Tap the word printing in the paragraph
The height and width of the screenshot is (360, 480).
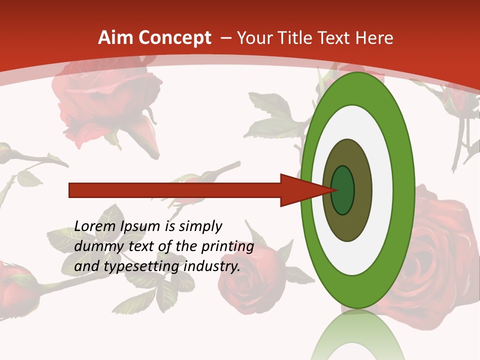pyautogui.click(x=228, y=246)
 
